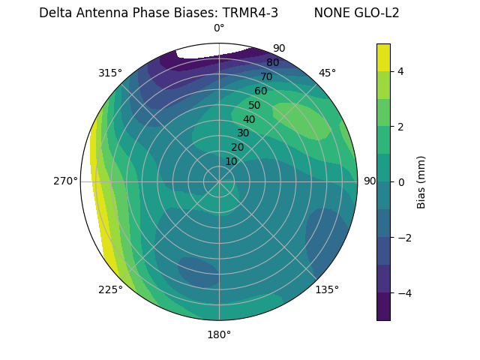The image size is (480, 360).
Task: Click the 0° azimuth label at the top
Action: [219, 28]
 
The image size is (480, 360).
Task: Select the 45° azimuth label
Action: [327, 73]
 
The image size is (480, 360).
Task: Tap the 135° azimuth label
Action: [327, 290]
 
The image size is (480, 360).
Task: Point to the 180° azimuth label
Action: [219, 334]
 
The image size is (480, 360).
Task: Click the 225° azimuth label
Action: [110, 290]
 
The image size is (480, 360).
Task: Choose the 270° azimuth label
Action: [66, 181]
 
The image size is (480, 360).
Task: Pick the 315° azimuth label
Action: [110, 73]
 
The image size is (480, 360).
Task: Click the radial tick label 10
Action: [231, 161]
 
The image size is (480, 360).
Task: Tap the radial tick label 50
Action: [254, 105]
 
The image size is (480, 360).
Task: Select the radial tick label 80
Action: [272, 62]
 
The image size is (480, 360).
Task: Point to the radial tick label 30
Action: [243, 133]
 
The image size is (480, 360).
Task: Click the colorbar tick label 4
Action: [401, 71]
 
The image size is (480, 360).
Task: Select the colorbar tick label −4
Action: [404, 292]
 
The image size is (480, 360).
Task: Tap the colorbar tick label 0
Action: [401, 182]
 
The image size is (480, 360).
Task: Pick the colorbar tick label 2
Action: [401, 127]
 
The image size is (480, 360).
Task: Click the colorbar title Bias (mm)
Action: [421, 181]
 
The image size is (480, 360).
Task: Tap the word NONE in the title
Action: [331, 13]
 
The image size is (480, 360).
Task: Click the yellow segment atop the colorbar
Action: [383, 57]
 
